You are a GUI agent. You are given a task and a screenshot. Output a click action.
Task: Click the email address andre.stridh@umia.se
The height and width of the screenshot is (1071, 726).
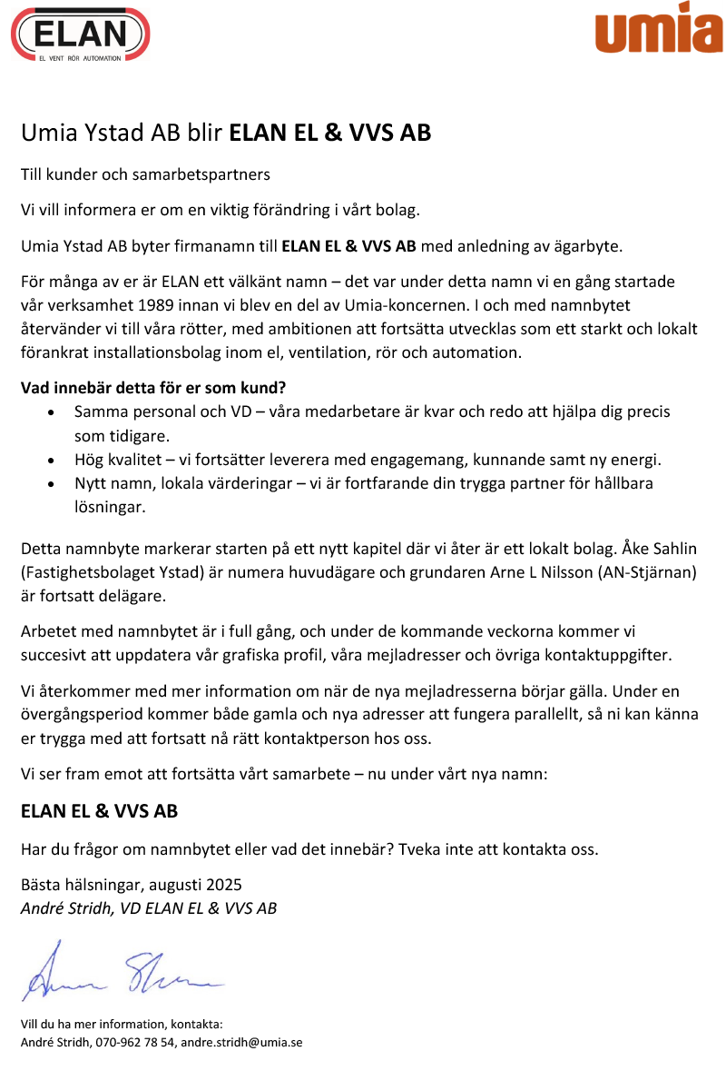[x=241, y=1042]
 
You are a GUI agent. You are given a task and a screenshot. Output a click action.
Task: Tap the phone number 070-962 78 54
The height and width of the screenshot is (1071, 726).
[x=134, y=1042]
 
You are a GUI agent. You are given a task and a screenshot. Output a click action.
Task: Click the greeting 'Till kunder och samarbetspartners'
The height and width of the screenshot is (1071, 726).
[x=145, y=174]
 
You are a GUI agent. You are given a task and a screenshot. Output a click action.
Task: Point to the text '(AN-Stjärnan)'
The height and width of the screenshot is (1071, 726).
[x=652, y=573]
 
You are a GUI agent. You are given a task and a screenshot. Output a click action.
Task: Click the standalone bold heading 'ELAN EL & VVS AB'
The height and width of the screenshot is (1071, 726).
[x=99, y=811]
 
